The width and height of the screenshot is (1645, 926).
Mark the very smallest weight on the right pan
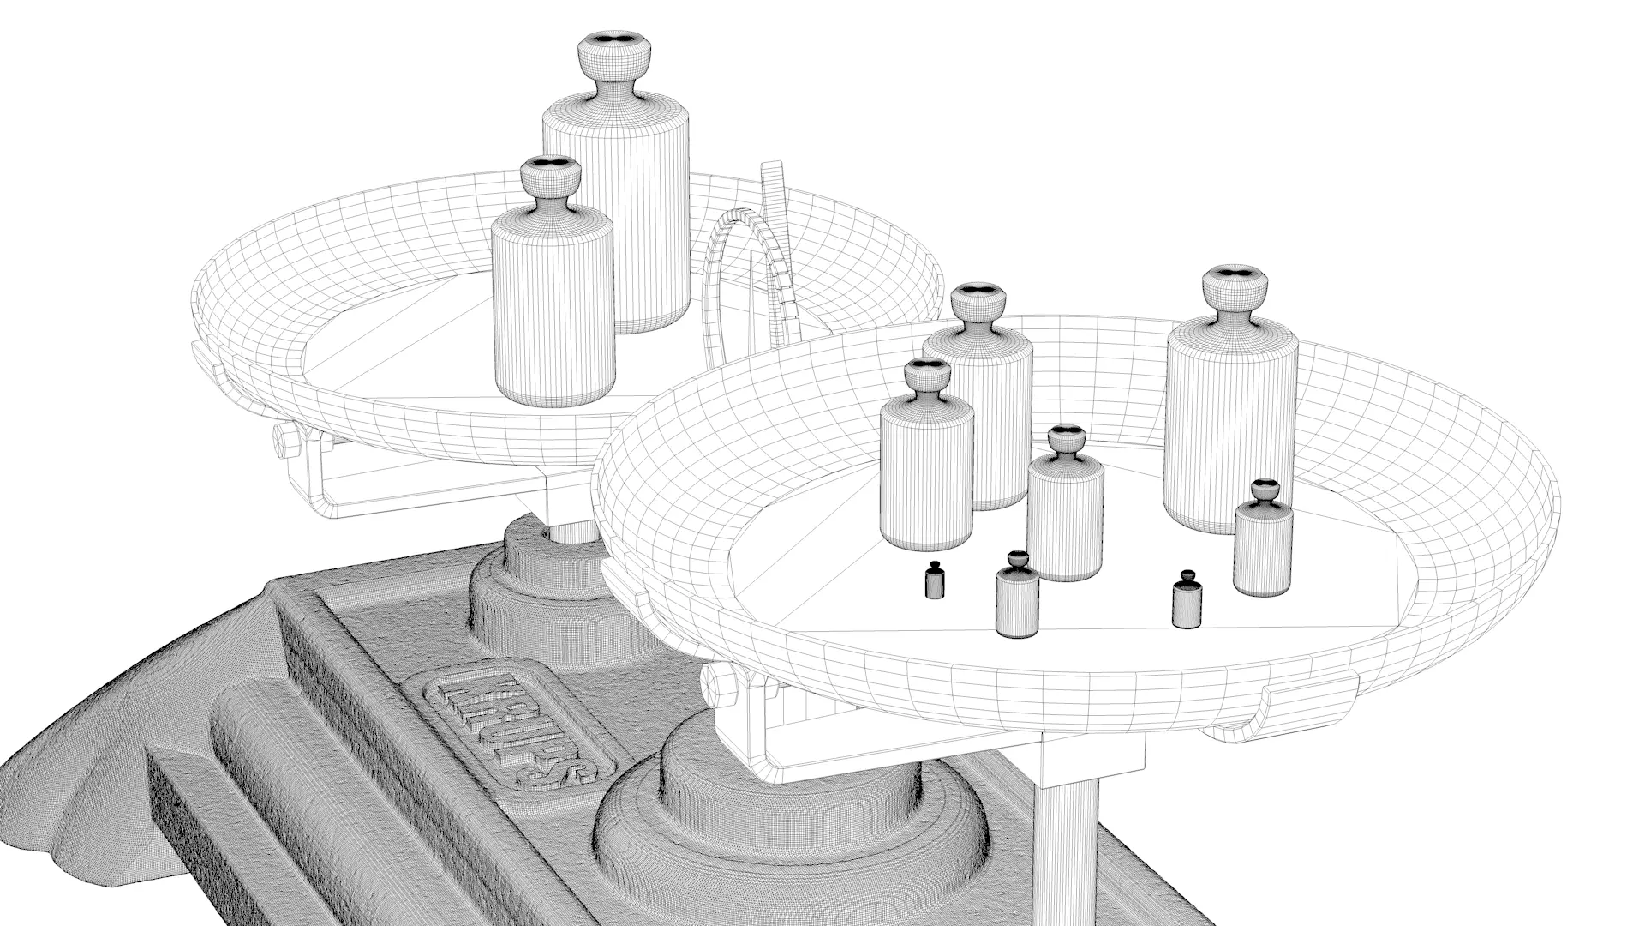click(935, 583)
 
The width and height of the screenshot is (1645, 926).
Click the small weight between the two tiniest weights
click(1017, 600)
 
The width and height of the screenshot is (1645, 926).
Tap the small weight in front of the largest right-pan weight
click(1263, 544)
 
